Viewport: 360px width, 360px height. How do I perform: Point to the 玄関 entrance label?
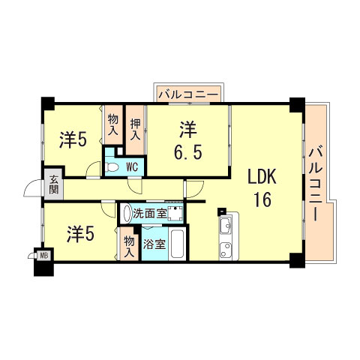(x=55, y=184)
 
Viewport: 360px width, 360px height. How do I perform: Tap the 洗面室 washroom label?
(x=149, y=213)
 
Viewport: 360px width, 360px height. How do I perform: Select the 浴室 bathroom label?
(x=154, y=243)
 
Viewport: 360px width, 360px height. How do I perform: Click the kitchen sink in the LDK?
(x=226, y=227)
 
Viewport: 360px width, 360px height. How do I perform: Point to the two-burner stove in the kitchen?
(x=226, y=248)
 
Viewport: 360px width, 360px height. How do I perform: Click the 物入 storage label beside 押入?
(x=112, y=124)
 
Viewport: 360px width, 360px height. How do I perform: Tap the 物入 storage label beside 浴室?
(x=129, y=245)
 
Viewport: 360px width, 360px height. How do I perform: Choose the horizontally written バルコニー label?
(x=187, y=94)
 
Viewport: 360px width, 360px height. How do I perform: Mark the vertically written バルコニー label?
(x=316, y=184)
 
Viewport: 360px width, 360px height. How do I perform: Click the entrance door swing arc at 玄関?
(x=34, y=187)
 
